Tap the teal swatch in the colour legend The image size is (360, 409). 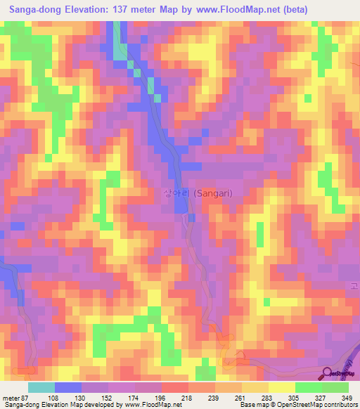click(x=41, y=387)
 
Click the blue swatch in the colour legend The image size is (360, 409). click(x=68, y=387)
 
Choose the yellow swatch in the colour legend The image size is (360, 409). click(x=281, y=387)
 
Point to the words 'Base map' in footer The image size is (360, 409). click(x=254, y=405)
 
